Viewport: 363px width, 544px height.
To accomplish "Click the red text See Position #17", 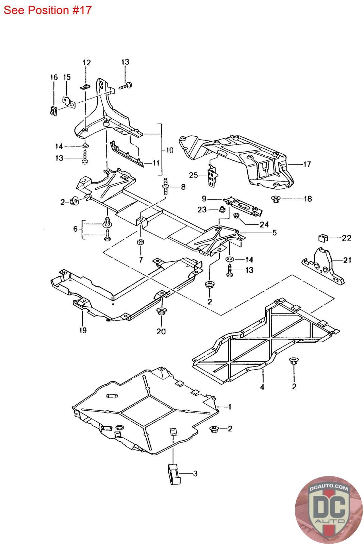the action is [x=47, y=10].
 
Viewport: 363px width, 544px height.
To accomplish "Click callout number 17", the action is [x=307, y=165].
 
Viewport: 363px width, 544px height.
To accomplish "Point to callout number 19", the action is [x=83, y=330].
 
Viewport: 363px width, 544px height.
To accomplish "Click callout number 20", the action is [x=161, y=331].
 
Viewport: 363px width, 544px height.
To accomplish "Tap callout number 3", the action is [x=195, y=473].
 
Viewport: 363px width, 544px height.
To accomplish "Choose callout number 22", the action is [x=346, y=238].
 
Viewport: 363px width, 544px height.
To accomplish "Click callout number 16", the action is [x=54, y=77].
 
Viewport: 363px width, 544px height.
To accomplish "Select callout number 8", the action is [x=183, y=187].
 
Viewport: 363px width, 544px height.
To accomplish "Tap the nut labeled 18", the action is [x=275, y=199].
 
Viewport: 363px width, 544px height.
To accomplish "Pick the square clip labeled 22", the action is [x=323, y=238].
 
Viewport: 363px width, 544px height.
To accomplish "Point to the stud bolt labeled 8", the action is [x=165, y=186].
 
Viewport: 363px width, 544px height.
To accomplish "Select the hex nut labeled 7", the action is [x=141, y=242].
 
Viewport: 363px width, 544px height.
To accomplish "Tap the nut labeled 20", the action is [x=161, y=311].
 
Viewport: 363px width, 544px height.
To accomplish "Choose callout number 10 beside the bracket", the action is [x=170, y=150].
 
